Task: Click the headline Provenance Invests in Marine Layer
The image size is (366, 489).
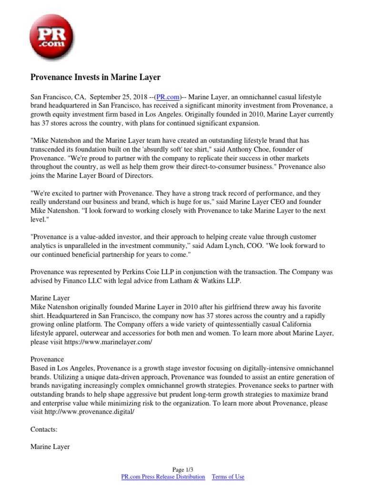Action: [95, 76]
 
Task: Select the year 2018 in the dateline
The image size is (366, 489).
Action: [140, 97]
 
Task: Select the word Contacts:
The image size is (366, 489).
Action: [44, 429]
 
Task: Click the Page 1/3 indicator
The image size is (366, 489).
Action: [183, 469]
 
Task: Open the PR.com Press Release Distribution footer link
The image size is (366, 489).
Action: [163, 477]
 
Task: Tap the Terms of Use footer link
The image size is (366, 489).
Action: [228, 477]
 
